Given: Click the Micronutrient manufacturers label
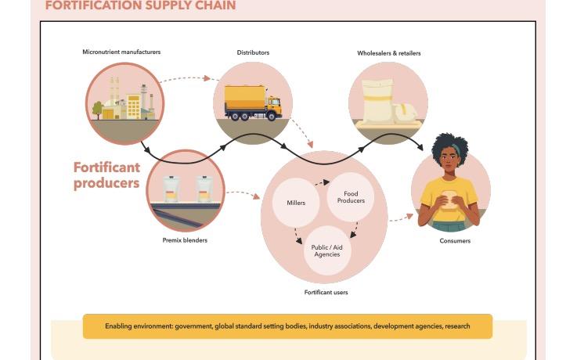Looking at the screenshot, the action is pyautogui.click(x=122, y=52).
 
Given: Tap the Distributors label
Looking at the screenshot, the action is pyautogui.click(x=253, y=52).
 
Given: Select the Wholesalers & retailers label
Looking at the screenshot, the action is pyautogui.click(x=388, y=53).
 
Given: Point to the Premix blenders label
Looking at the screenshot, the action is pyautogui.click(x=185, y=240).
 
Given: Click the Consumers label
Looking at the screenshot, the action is pyautogui.click(x=455, y=241).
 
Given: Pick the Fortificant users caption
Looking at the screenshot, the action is pyautogui.click(x=326, y=292).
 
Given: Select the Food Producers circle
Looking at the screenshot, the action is pyautogui.click(x=351, y=197).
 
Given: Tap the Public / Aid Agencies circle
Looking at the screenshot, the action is pyautogui.click(x=326, y=250).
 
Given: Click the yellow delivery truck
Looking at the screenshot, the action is pyautogui.click(x=252, y=103).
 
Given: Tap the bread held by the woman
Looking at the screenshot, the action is pyautogui.click(x=450, y=200).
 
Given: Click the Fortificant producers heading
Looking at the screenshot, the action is pyautogui.click(x=106, y=175).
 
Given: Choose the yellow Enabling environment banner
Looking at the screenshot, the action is pyautogui.click(x=287, y=326).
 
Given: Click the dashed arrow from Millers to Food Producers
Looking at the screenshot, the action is pyautogui.click(x=321, y=182).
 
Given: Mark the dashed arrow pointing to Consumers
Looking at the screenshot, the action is pyautogui.click(x=401, y=216).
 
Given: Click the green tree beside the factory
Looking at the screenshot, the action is pyautogui.click(x=97, y=109).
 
